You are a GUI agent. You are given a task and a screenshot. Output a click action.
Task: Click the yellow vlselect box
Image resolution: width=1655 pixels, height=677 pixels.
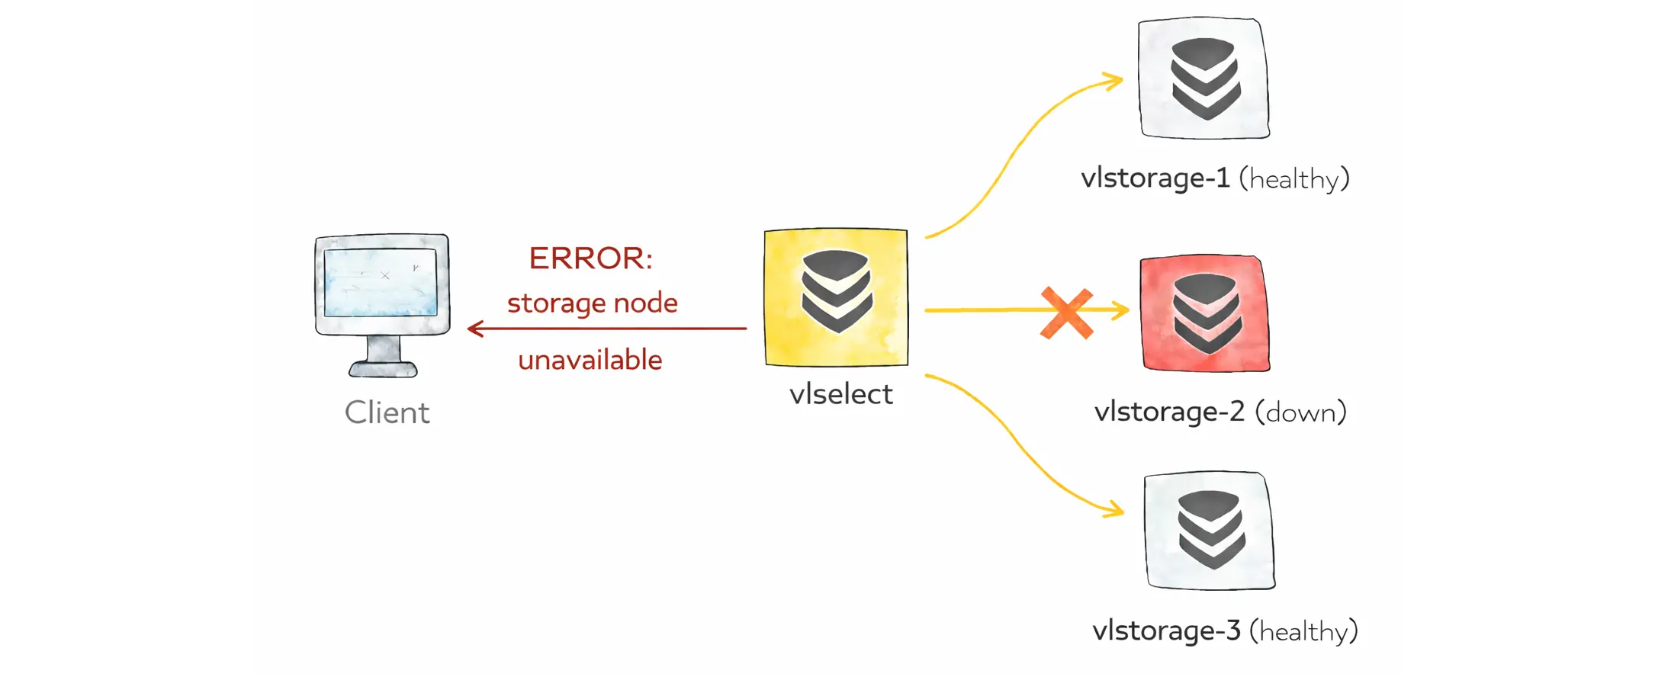point(836,297)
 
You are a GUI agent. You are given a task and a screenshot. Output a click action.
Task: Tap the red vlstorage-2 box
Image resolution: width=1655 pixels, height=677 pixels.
point(1205,313)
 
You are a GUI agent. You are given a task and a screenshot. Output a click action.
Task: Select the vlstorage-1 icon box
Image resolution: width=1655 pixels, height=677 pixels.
point(1203,78)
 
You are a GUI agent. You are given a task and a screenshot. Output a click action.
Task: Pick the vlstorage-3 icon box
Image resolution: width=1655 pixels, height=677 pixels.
point(1210,531)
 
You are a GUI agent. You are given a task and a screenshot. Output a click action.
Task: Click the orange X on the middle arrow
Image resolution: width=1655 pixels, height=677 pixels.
point(1067,313)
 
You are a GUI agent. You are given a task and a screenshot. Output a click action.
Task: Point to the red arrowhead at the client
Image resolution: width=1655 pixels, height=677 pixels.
point(474,329)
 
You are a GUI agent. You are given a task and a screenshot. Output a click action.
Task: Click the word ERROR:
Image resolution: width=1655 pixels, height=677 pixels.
point(590,258)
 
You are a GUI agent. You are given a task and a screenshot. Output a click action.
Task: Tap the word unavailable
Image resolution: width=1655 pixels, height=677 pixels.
point(590,360)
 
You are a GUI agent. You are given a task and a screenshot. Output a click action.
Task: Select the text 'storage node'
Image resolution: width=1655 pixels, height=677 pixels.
point(592,303)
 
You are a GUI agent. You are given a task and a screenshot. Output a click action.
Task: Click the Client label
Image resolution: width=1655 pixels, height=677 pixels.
point(387,412)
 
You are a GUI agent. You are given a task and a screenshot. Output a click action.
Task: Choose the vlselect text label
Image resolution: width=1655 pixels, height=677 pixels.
point(840,394)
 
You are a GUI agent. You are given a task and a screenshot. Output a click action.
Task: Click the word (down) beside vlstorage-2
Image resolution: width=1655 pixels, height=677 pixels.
point(1300,412)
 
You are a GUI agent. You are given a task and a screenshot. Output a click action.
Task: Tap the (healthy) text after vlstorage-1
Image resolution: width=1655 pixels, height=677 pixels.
point(1293,178)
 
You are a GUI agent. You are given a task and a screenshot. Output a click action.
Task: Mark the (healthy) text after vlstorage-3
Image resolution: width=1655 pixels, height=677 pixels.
point(1303,631)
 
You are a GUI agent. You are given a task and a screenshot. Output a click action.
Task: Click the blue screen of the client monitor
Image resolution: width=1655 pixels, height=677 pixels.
point(381,283)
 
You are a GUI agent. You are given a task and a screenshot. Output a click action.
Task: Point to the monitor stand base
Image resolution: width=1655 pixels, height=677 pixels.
point(383,370)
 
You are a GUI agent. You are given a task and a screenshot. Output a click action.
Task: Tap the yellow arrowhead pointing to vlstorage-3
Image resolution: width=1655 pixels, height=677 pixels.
point(1116,509)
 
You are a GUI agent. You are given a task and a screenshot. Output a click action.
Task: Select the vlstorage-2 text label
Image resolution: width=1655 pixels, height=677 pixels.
point(1169,412)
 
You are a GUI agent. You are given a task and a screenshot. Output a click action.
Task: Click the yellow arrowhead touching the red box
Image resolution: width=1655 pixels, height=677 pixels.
point(1121,310)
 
